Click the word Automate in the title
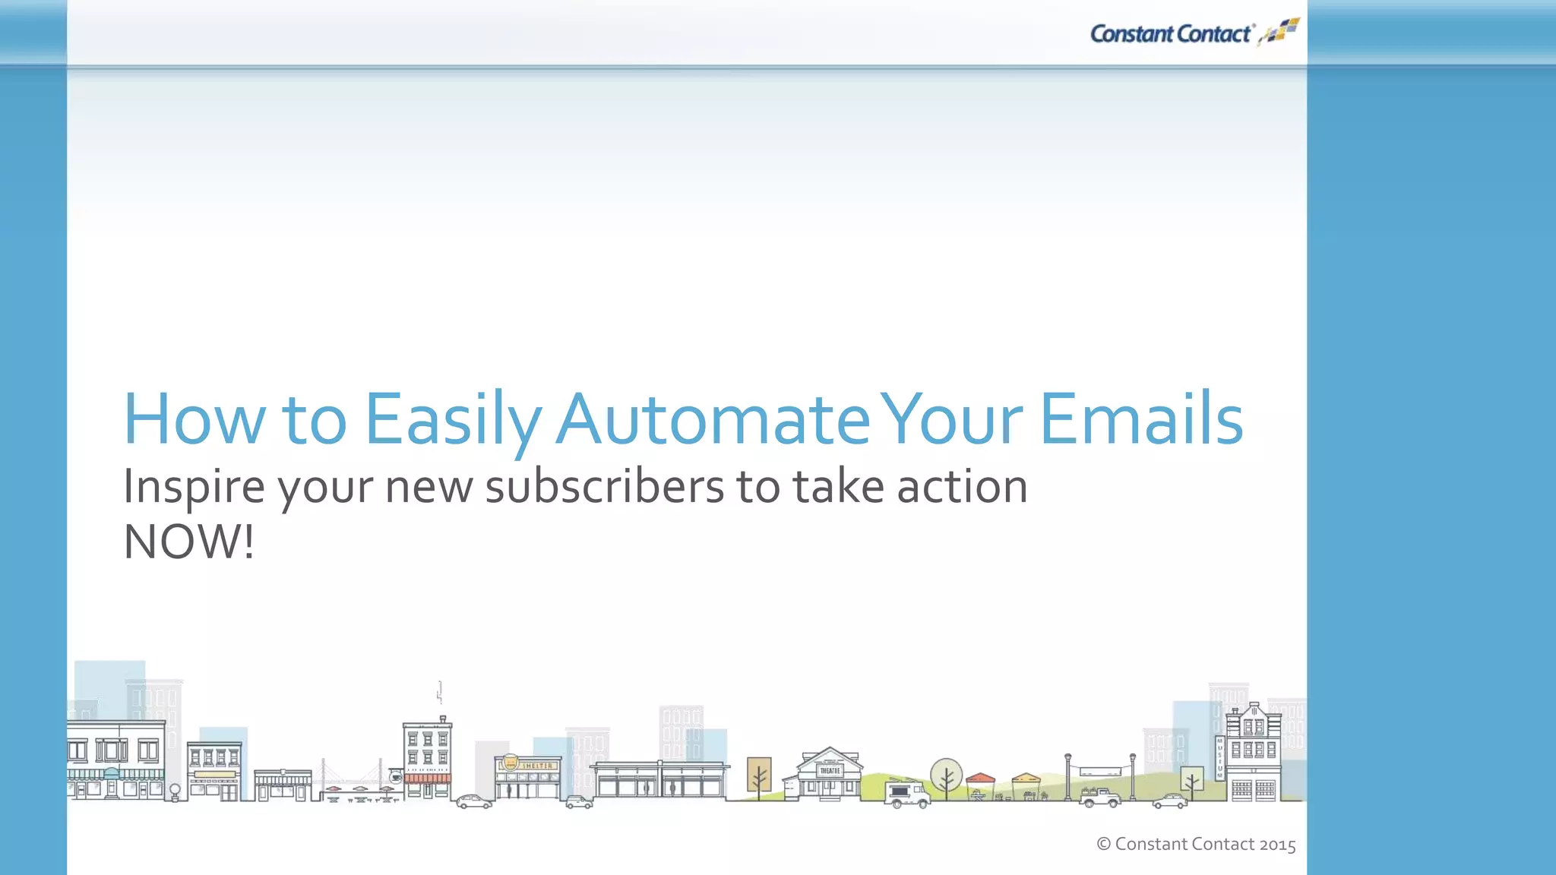tap(713, 419)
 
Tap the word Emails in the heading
tap(1140, 419)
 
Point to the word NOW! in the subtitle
tap(188, 542)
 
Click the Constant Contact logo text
tap(1170, 34)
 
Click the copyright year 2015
tap(1277, 845)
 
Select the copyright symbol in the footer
tap(1104, 844)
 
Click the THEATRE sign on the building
tap(830, 770)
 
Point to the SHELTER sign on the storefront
tap(537, 766)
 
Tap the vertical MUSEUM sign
tap(1220, 758)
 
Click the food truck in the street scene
tap(906, 794)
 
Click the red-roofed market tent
tap(980, 779)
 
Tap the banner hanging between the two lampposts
tap(1100, 771)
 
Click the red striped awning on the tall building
tap(427, 779)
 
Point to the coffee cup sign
tap(395, 777)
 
